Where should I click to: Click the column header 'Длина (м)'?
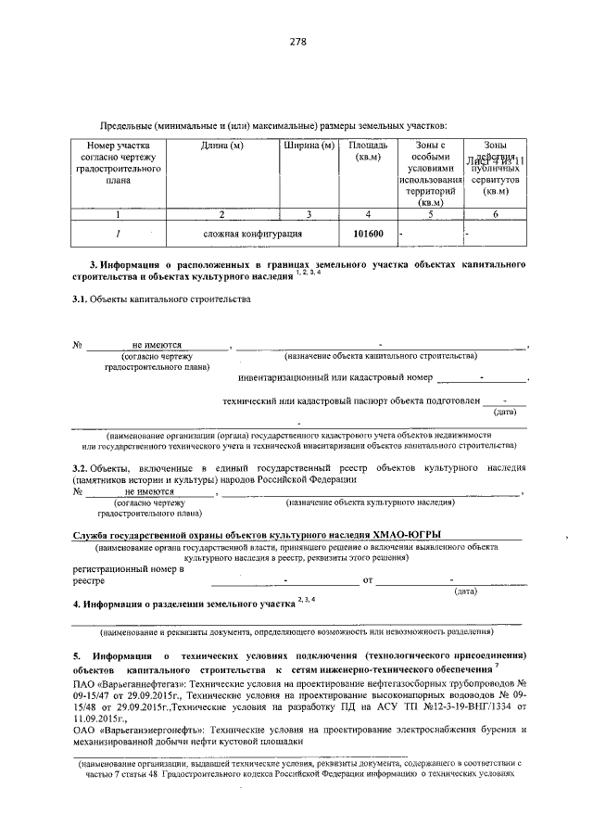point(221,146)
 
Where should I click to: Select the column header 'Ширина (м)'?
point(309,146)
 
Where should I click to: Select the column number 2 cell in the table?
point(221,214)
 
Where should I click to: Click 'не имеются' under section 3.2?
point(150,491)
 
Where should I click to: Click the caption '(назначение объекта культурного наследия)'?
point(370,502)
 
